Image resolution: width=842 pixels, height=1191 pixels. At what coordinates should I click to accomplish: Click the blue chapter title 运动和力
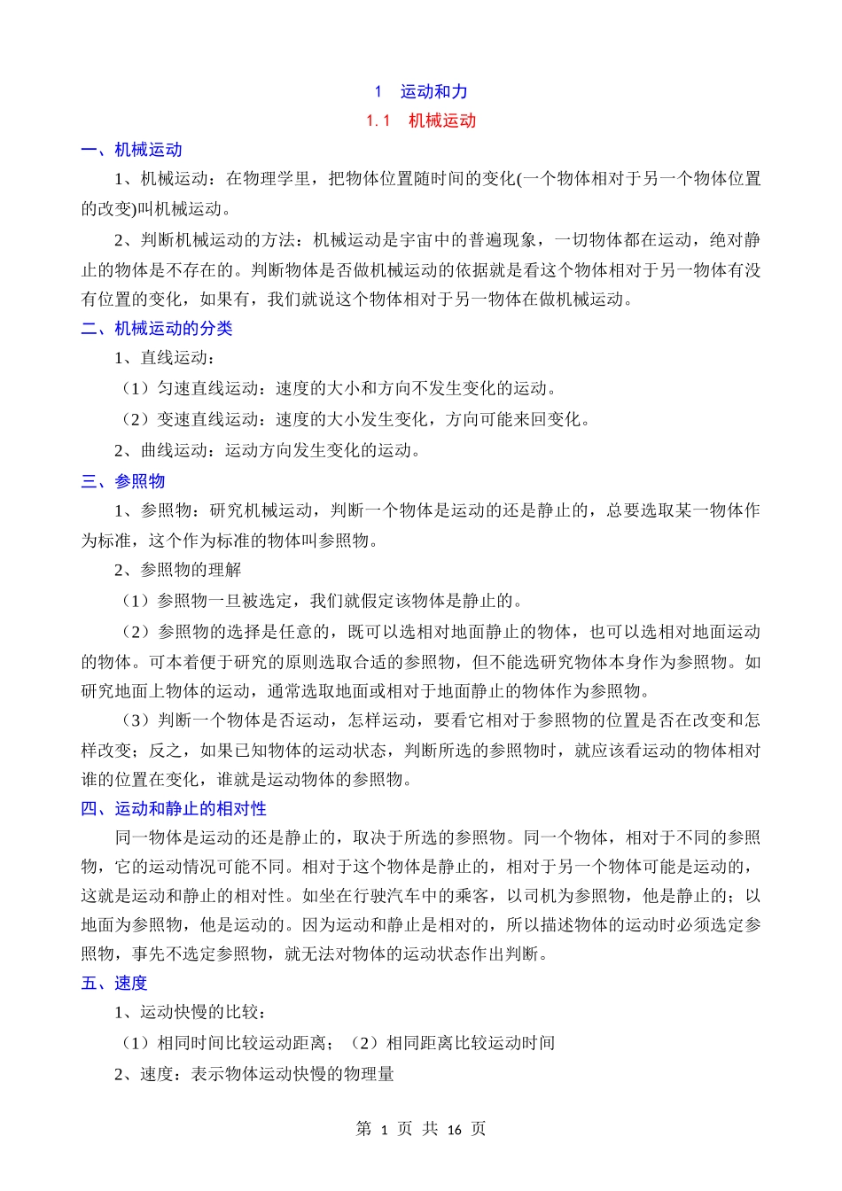pos(433,91)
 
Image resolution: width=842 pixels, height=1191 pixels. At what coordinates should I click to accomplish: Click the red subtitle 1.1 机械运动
pos(421,121)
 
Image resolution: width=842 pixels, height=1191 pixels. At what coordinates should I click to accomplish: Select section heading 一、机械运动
pos(131,150)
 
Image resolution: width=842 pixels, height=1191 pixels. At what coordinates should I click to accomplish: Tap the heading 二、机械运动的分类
pos(157,329)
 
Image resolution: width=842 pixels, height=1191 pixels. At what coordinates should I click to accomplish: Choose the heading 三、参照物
pos(123,481)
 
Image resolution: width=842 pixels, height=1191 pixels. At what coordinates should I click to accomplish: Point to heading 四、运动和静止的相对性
pos(174,808)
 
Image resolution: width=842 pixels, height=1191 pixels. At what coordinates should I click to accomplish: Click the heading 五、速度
pos(114,983)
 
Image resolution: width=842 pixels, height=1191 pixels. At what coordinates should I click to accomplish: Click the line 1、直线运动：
pos(165,358)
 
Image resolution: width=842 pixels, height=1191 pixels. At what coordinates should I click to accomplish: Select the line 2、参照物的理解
pos(177,570)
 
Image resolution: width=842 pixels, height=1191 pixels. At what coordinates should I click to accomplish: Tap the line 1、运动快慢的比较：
pos(191,1012)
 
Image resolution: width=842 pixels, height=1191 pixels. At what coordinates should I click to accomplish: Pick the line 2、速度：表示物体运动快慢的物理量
pos(254,1074)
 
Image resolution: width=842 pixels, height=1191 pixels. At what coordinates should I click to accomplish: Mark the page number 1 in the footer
pos(384,1129)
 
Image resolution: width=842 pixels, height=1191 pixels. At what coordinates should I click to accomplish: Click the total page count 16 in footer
pos(454,1129)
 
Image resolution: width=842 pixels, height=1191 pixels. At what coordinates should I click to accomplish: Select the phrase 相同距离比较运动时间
pos(470,1043)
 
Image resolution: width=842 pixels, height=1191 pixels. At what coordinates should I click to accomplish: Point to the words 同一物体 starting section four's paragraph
pos(149,837)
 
